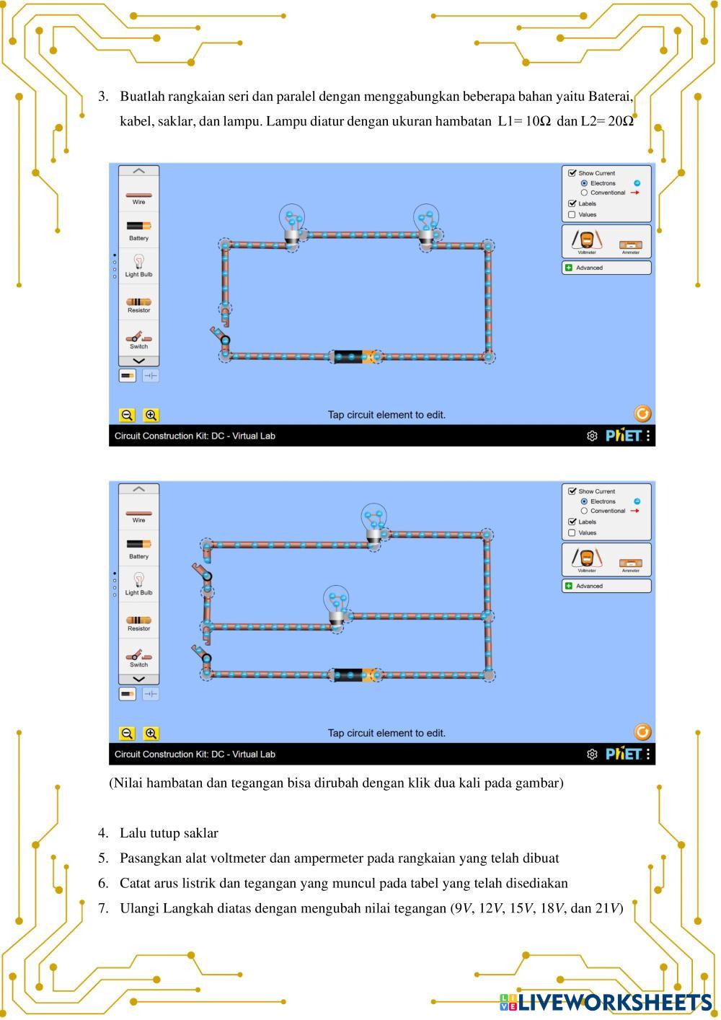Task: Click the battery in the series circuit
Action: point(355,356)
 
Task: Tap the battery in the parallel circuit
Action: point(355,674)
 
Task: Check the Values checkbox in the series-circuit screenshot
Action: point(572,214)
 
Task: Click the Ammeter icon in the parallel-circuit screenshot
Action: point(630,563)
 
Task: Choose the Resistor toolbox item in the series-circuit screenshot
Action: point(139,304)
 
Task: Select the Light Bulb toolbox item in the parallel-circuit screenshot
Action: point(139,584)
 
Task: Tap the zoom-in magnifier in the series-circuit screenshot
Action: point(151,415)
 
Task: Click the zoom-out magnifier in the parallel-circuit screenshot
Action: point(127,733)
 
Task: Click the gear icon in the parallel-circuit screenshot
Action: point(592,754)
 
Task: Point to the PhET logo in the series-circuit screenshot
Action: point(623,436)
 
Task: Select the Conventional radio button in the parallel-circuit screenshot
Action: point(584,511)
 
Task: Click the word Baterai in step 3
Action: point(611,97)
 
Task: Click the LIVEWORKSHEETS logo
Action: point(606,1002)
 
